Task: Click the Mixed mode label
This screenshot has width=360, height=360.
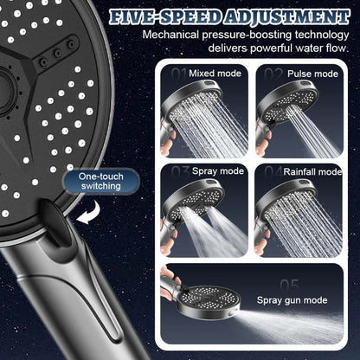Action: [x=215, y=74]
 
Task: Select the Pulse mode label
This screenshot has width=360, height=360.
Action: [x=312, y=74]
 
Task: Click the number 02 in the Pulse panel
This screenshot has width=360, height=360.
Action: [x=273, y=74]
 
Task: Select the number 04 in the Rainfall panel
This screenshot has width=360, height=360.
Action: [x=273, y=170]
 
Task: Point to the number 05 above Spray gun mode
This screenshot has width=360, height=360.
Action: [x=288, y=284]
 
